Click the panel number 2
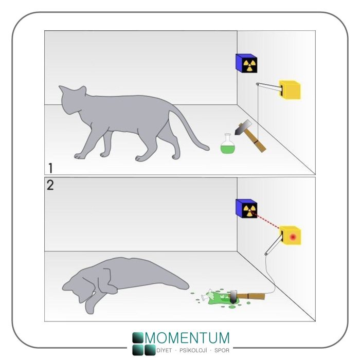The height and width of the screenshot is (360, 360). click(x=50, y=185)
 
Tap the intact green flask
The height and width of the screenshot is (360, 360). click(x=228, y=144)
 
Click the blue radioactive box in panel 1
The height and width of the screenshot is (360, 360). click(x=246, y=63)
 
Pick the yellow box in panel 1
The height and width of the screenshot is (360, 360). click(x=290, y=90)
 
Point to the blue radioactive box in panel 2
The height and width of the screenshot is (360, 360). click(x=246, y=208)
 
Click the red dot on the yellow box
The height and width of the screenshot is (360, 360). click(x=293, y=237)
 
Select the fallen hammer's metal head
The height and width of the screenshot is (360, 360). click(x=233, y=297)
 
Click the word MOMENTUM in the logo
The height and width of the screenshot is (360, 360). click(x=187, y=337)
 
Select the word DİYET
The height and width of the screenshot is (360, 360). click(x=164, y=350)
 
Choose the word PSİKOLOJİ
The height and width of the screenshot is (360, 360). click(x=193, y=350)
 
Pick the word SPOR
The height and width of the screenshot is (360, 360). click(x=222, y=350)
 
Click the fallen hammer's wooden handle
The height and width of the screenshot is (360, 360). click(x=251, y=296)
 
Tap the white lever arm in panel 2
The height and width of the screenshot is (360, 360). click(x=273, y=246)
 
